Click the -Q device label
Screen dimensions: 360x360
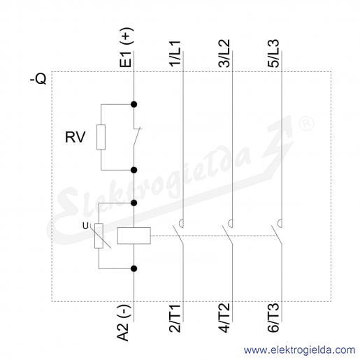tap(38, 79)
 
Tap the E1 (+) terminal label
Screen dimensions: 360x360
tap(127, 48)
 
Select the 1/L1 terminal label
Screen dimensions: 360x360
tap(175, 54)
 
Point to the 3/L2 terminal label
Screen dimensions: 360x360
tap(224, 54)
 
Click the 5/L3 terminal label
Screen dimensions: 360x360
tap(273, 54)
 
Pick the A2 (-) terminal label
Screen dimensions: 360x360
tap(124, 323)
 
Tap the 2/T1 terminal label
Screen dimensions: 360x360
tap(175, 318)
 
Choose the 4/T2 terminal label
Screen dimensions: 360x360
tap(224, 318)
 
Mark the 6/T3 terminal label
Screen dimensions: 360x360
tap(273, 318)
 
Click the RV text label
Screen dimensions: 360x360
tap(75, 137)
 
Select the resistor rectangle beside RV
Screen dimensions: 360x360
tap(101, 137)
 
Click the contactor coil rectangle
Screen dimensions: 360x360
tap(134, 236)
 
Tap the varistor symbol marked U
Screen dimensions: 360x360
tap(99, 236)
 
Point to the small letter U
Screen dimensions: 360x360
tap(85, 226)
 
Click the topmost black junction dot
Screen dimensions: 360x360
tap(134, 104)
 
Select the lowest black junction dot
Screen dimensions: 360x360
tap(134, 268)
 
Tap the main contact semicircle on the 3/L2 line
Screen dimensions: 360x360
tap(230, 223)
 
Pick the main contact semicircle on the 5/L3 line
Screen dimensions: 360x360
tap(279, 223)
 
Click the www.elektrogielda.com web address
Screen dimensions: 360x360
tap(299, 350)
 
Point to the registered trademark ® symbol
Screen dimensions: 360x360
tap(306, 124)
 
